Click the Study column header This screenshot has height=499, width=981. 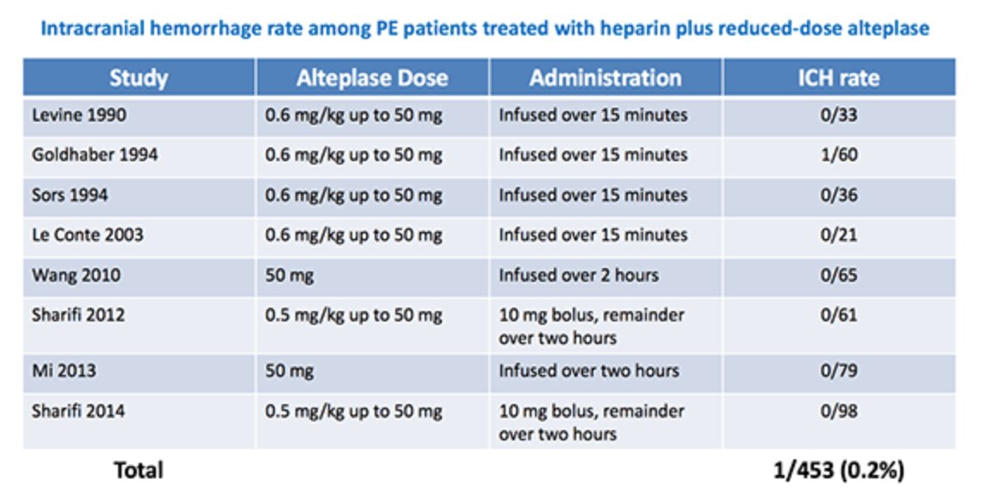(x=139, y=78)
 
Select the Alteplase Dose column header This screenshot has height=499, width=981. (x=372, y=78)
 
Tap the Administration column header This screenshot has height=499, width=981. (x=605, y=78)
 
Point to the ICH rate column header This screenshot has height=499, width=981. (x=838, y=78)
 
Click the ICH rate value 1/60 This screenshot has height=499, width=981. (x=839, y=154)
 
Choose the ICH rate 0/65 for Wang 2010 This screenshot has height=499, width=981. (x=839, y=275)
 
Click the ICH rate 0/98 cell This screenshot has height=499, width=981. (x=839, y=411)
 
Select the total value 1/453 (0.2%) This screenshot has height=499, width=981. (x=838, y=471)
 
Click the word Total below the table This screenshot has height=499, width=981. (x=139, y=471)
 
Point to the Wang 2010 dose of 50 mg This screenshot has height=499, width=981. (x=289, y=276)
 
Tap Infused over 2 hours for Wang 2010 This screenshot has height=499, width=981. (x=578, y=275)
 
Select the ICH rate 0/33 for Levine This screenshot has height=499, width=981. (x=839, y=115)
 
